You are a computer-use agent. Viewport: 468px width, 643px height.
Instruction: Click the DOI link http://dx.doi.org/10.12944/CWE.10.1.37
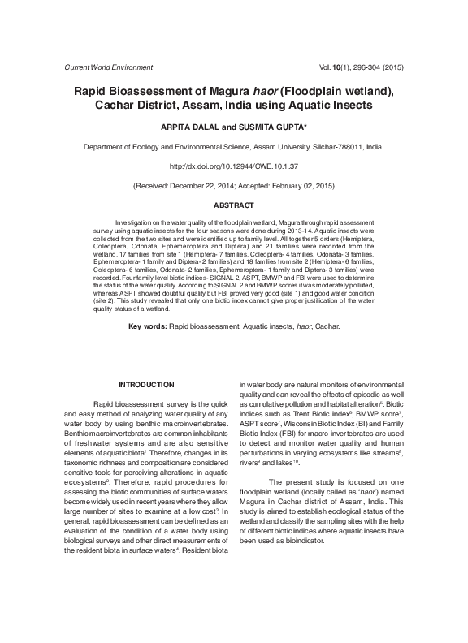233,166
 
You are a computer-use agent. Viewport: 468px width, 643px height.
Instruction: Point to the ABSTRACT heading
233,205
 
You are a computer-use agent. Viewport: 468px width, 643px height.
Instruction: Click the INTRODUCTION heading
146,384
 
